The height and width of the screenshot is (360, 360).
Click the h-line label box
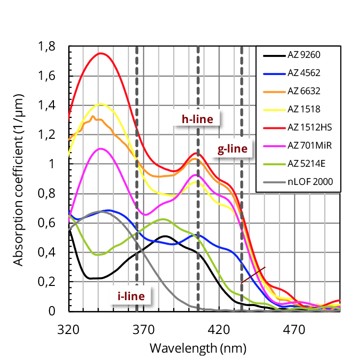[197, 119]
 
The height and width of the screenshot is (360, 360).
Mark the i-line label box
[131, 296]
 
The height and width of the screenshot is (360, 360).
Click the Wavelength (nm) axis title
[198, 348]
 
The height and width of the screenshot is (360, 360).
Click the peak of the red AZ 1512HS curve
[101, 53]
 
